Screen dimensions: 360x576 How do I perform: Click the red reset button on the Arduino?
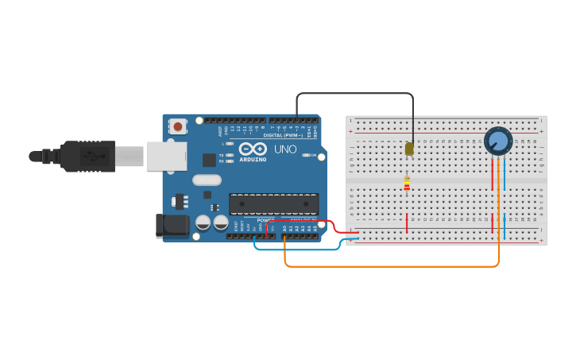coord(178,126)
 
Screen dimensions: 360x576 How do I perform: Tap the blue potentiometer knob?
coord(498,141)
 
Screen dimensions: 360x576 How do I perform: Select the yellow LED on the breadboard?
coord(409,149)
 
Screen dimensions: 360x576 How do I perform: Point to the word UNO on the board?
coord(285,149)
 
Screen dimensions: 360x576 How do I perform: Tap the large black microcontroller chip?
coord(273,204)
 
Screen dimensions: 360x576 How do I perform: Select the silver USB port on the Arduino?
coord(166,156)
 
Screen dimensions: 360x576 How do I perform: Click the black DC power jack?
coord(172,226)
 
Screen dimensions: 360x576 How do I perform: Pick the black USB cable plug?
coord(87,157)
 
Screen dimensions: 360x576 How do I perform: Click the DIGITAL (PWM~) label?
coord(280,135)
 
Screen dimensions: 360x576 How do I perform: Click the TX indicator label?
coord(221,155)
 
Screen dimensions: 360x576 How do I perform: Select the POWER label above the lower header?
coord(265,220)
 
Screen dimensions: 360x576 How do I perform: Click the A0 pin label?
coord(284,228)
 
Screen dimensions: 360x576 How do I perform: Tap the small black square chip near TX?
coord(208,160)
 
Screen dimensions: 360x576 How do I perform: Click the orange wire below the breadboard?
coord(389,266)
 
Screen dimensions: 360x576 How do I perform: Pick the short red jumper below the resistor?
coord(407,223)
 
